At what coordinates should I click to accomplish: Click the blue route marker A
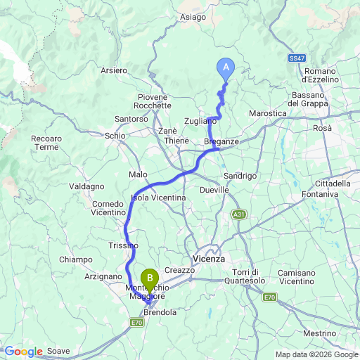(x=226, y=67)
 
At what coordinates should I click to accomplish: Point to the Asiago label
(x=193, y=17)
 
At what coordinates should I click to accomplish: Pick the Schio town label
(x=115, y=135)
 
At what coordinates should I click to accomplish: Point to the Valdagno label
(x=86, y=186)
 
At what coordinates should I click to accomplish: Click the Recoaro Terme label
(x=46, y=143)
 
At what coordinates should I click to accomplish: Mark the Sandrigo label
(x=236, y=175)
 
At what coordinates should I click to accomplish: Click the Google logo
(x=23, y=352)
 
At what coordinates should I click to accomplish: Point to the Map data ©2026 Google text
(x=316, y=354)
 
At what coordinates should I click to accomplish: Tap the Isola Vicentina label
(x=158, y=198)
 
